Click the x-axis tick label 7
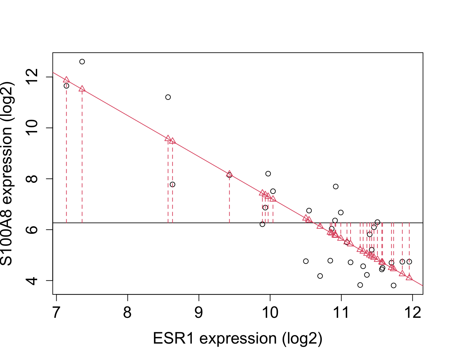click(56, 313)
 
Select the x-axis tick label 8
click(128, 313)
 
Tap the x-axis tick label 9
click(199, 313)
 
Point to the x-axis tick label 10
click(270, 313)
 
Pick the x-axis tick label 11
click(341, 313)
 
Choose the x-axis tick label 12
click(412, 313)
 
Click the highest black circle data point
click(82, 62)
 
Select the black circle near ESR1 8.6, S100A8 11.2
click(168, 97)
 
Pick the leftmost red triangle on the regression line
click(66, 80)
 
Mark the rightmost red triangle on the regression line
click(409, 277)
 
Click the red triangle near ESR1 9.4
click(229, 174)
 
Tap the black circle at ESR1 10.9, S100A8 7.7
click(336, 187)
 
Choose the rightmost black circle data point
click(409, 262)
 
